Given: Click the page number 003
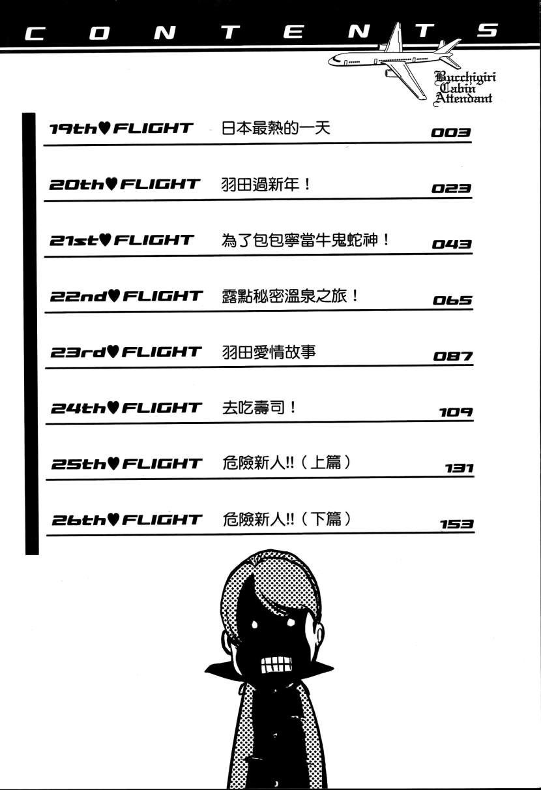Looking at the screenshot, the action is pyautogui.click(x=451, y=132).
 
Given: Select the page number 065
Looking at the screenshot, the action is pyautogui.click(x=452, y=300).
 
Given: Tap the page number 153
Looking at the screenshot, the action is pyautogui.click(x=456, y=524).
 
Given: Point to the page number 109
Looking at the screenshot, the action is pyautogui.click(x=456, y=412).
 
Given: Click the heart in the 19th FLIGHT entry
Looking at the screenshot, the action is pyautogui.click(x=105, y=128).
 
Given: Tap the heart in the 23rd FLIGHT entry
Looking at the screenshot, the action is pyautogui.click(x=113, y=352).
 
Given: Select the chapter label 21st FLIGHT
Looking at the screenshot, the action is pyautogui.click(x=122, y=240).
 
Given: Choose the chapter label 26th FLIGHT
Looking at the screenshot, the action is pyautogui.click(x=127, y=519).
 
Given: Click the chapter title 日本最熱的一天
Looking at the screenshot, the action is pyautogui.click(x=276, y=128).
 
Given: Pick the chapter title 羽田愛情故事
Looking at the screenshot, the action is pyautogui.click(x=269, y=352).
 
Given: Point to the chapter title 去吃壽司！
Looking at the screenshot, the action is pyautogui.click(x=259, y=408).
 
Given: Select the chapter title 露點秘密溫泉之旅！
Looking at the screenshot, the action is pyautogui.click(x=290, y=296).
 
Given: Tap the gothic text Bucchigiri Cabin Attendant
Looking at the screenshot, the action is pyautogui.click(x=465, y=88).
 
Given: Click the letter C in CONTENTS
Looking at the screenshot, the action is pyautogui.click(x=35, y=34).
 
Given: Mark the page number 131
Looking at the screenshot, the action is pyautogui.click(x=459, y=468).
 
